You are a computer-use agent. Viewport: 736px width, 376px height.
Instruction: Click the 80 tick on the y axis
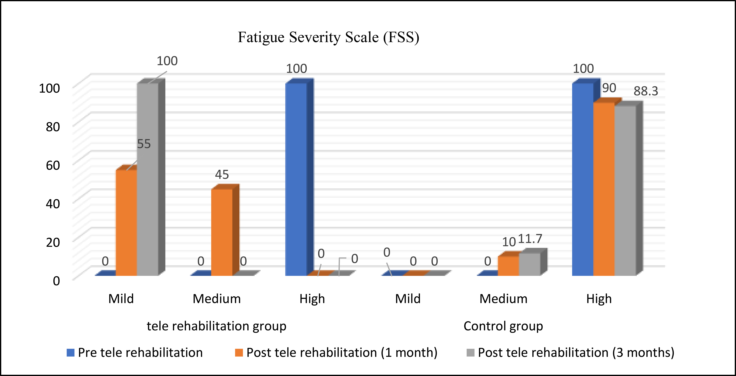coord(53,127)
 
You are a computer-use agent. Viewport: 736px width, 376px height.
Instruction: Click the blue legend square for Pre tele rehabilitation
coord(71,353)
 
